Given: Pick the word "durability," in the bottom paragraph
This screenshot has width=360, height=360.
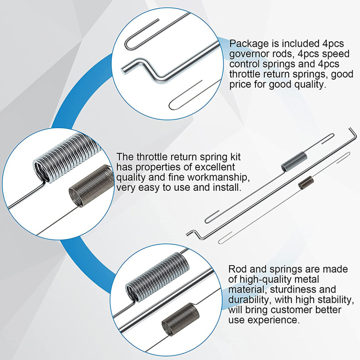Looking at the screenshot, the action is tap(250, 300).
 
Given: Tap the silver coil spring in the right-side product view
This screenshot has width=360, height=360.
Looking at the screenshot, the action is tap(294, 161).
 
